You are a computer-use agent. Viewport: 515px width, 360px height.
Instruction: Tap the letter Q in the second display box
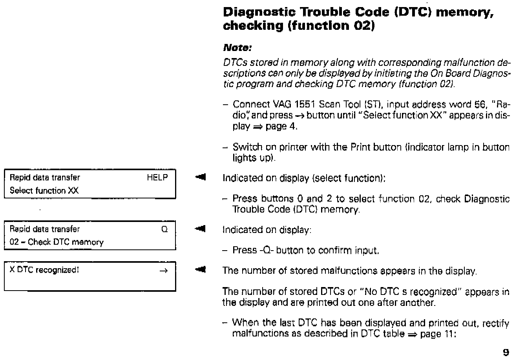pyautogui.click(x=164, y=229)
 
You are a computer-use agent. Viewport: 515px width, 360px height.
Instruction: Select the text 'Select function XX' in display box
pyautogui.click(x=44, y=191)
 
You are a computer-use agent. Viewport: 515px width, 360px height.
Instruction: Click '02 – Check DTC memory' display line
pyautogui.click(x=57, y=242)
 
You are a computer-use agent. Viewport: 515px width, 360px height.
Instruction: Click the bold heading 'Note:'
pyautogui.click(x=237, y=48)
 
